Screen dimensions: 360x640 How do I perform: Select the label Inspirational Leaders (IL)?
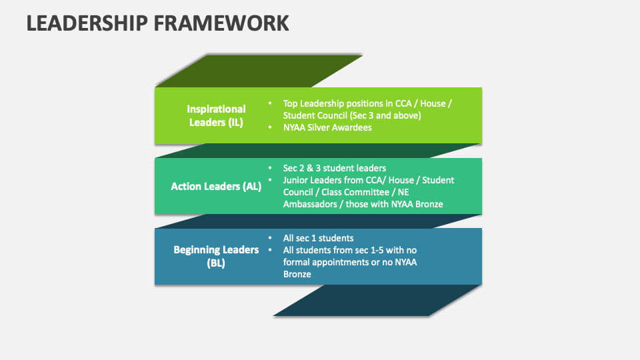tap(216, 115)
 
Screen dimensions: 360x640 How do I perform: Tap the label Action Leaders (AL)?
tap(216, 187)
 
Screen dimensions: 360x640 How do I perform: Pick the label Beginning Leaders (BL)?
tap(216, 256)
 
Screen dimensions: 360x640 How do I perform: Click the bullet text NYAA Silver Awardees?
tap(327, 127)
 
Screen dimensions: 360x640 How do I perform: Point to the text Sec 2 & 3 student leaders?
tap(335, 168)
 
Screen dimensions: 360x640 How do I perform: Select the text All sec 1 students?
tap(318, 238)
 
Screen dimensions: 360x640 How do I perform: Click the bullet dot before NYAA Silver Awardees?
tap(270, 127)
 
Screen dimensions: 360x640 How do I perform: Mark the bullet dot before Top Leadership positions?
tap(270, 104)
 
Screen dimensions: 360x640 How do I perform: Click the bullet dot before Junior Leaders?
tap(270, 180)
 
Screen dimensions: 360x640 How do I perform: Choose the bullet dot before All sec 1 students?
tap(270, 238)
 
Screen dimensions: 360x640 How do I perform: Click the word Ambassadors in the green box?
tap(310, 204)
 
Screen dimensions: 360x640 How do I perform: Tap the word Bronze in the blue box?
tap(297, 274)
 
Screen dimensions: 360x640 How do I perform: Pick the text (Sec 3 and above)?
tap(386, 115)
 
